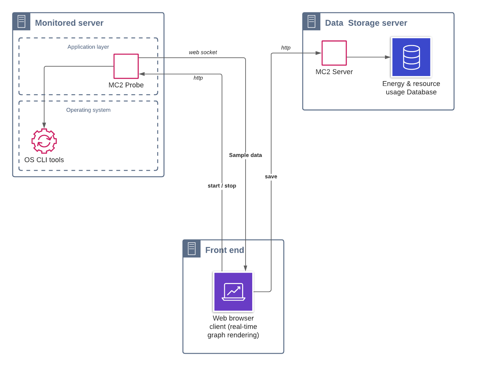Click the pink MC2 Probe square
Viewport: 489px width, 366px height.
click(x=126, y=66)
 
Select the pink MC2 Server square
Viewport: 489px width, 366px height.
click(x=334, y=53)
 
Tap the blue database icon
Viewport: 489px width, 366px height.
click(x=411, y=57)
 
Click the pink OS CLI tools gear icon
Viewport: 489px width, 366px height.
click(x=44, y=141)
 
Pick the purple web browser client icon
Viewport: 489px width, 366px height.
click(x=233, y=292)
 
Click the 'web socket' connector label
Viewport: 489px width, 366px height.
click(x=203, y=52)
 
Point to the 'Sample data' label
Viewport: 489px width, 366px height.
click(x=245, y=155)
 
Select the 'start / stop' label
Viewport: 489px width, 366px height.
click(x=222, y=186)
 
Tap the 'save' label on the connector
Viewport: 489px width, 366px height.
click(x=271, y=177)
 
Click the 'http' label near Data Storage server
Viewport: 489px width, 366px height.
click(x=286, y=48)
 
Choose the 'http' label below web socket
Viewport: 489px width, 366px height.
click(x=198, y=78)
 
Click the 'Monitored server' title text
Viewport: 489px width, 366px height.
click(x=69, y=23)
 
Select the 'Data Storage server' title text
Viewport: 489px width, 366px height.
click(x=366, y=23)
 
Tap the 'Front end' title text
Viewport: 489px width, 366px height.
click(x=224, y=250)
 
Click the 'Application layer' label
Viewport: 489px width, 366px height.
click(x=88, y=47)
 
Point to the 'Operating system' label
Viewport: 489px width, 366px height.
click(x=88, y=110)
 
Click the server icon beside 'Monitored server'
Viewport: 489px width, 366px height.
click(x=21, y=22)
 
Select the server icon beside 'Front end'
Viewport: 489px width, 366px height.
click(x=192, y=249)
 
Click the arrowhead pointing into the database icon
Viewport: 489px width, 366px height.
click(x=388, y=57)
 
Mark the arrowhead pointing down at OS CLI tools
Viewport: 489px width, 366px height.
click(x=44, y=125)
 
